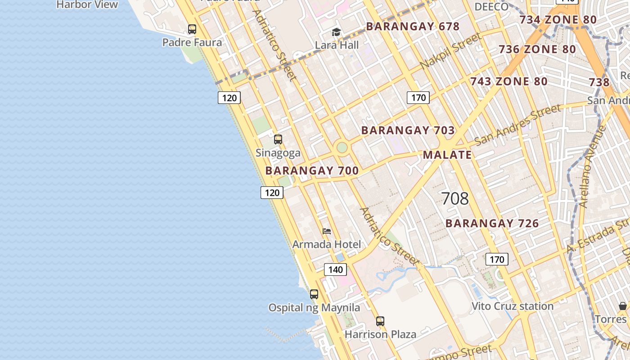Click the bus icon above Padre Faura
tap(192, 29)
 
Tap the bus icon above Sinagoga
tap(278, 139)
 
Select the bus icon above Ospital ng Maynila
tap(314, 294)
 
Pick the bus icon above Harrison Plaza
tap(380, 321)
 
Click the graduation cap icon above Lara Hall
tap(336, 32)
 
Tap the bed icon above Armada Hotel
tap(327, 231)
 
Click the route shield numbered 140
tap(335, 270)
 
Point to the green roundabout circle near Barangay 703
tap(342, 147)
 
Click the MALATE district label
tap(447, 155)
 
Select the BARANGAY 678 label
tap(413, 27)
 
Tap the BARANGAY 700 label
tap(312, 171)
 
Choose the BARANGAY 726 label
tap(492, 223)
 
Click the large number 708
tap(455, 198)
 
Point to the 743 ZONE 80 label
tap(508, 81)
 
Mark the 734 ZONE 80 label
tap(558, 20)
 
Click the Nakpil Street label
tap(450, 51)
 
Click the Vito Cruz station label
tap(513, 306)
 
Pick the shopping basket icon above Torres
tap(623, 306)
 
